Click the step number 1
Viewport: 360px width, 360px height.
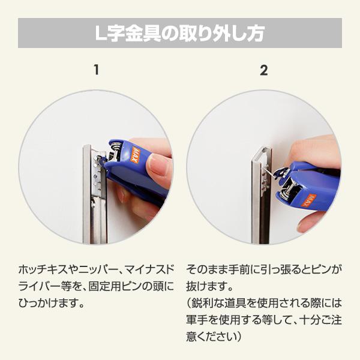[x=95, y=70]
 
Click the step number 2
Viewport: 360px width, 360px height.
[x=263, y=70]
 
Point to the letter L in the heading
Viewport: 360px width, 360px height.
[x=101, y=34]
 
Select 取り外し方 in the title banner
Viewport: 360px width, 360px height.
[x=218, y=34]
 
